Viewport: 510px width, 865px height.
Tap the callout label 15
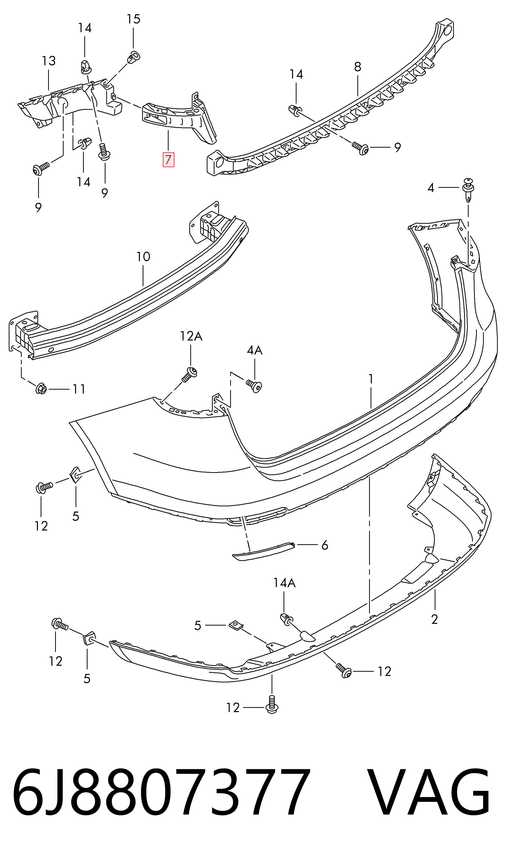pyautogui.click(x=133, y=19)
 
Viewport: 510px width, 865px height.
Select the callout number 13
pyautogui.click(x=49, y=61)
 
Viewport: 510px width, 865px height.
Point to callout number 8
pyautogui.click(x=358, y=67)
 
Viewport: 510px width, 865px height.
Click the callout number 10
pyautogui.click(x=143, y=256)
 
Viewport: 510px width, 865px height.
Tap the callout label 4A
pyautogui.click(x=255, y=350)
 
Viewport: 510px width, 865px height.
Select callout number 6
pyautogui.click(x=325, y=545)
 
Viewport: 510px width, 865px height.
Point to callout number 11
pyautogui.click(x=79, y=389)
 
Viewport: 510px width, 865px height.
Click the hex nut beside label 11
pyautogui.click(x=41, y=388)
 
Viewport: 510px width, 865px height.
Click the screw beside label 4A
pyautogui.click(x=254, y=386)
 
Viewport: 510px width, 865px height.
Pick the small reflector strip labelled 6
pyautogui.click(x=264, y=550)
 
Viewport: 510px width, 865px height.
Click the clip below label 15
pyautogui.click(x=134, y=56)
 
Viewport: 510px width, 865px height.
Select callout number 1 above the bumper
pyautogui.click(x=371, y=379)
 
